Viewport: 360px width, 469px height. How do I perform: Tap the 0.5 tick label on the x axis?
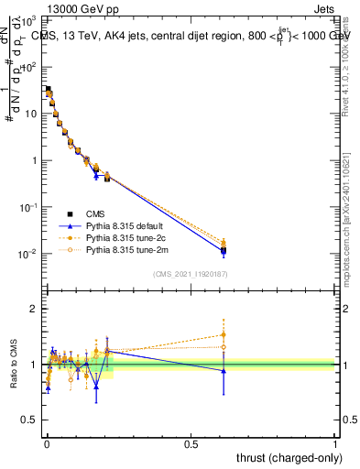191,443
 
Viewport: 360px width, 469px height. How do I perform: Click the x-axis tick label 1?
335,443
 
